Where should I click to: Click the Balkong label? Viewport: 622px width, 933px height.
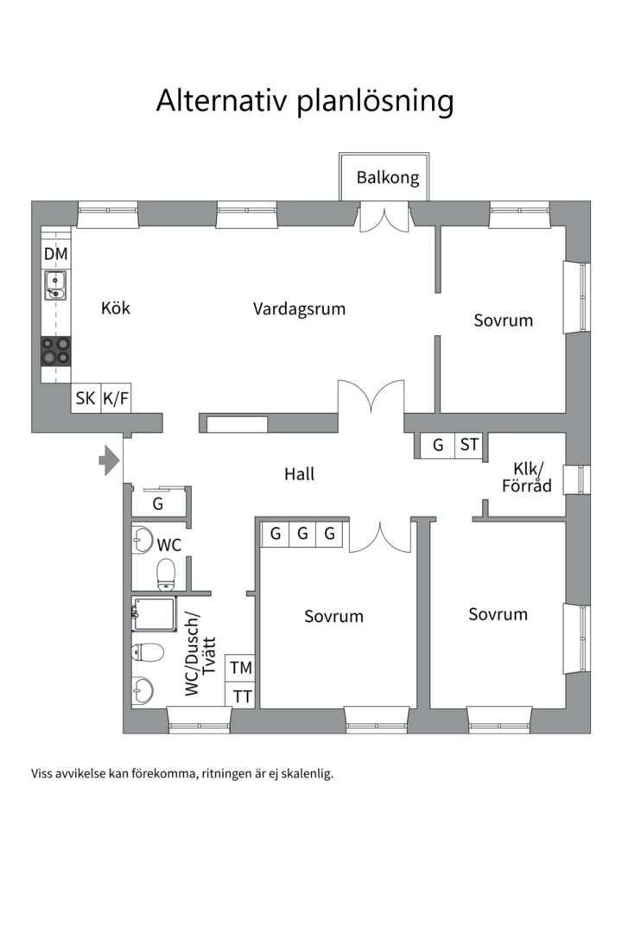pos(388,178)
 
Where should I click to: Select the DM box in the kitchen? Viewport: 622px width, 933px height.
pos(56,255)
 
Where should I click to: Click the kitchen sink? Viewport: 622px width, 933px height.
pos(56,284)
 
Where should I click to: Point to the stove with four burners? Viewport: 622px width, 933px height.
pos(56,351)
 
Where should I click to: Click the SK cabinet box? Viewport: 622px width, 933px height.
pos(86,398)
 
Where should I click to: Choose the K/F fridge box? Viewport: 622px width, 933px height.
pos(116,398)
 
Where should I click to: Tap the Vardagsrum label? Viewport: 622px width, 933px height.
pos(299,308)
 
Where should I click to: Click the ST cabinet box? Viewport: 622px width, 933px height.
pos(469,446)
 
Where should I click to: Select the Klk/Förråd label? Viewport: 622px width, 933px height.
pos(526,477)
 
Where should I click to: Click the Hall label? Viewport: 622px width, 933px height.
pos(299,473)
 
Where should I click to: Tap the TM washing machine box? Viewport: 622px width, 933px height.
pos(241,668)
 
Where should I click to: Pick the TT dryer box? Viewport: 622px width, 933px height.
pos(241,695)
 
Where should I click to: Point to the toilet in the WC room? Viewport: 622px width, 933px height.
pos(165,571)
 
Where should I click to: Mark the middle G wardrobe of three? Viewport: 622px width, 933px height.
pos(302,534)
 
